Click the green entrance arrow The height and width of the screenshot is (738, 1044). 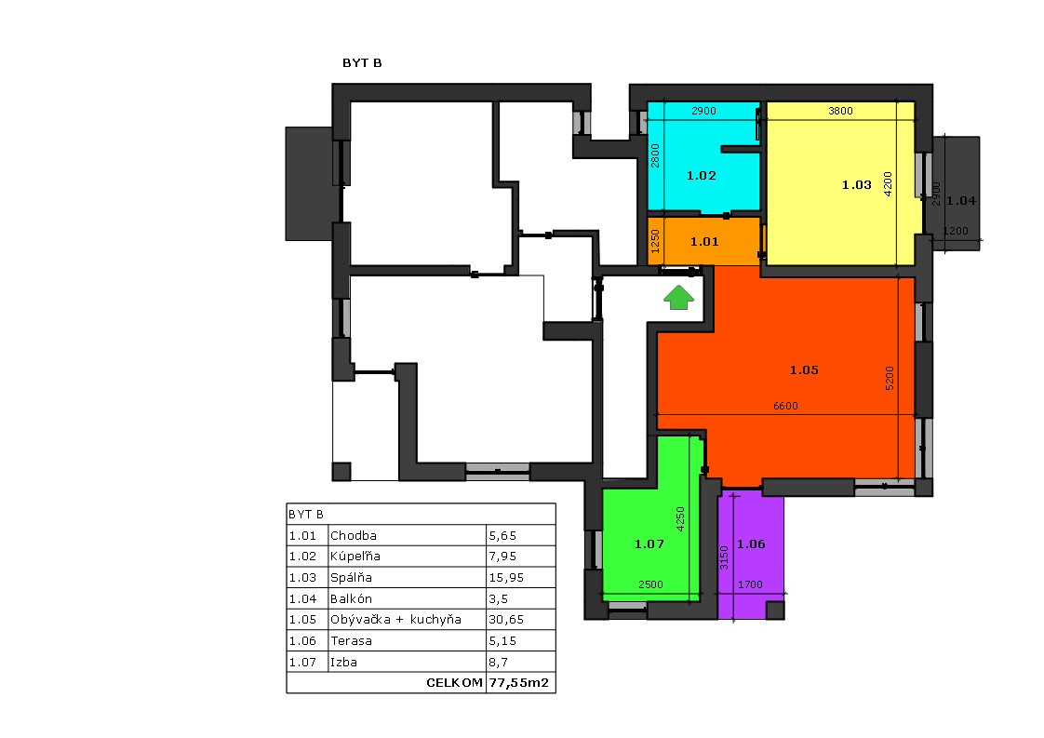tap(678, 297)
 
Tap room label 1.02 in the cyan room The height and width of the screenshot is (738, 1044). tap(701, 176)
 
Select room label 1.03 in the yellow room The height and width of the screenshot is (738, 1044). tap(856, 185)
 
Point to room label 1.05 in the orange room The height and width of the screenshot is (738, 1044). tap(804, 370)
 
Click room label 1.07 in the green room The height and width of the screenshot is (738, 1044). tap(649, 544)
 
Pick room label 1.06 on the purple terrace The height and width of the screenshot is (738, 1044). tap(751, 544)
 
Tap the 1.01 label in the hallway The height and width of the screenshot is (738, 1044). tap(704, 242)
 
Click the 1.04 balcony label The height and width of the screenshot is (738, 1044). tap(961, 200)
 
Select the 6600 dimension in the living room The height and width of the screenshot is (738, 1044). tap(785, 406)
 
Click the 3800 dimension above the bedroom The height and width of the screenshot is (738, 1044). tap(840, 111)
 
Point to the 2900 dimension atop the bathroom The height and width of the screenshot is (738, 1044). tap(703, 111)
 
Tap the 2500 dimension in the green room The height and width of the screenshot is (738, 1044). tap(650, 584)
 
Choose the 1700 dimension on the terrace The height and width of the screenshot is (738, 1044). tap(750, 584)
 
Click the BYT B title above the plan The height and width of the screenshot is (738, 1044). tap(362, 63)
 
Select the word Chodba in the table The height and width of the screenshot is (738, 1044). tap(354, 535)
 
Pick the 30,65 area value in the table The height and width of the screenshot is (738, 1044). tap(506, 620)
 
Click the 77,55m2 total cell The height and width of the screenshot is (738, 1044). tap(518, 683)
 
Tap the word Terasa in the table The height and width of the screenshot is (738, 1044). tap(351, 641)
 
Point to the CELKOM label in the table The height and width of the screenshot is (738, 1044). tap(454, 683)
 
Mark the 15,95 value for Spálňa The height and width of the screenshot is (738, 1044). tap(506, 578)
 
